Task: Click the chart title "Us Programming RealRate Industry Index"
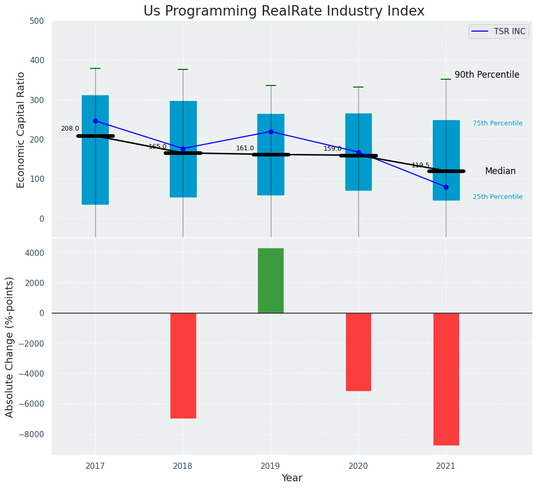point(284,11)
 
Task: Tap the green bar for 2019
point(270,280)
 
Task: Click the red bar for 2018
point(183,365)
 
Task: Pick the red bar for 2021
point(446,379)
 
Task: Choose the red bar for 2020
point(358,352)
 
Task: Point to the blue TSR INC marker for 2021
point(446,187)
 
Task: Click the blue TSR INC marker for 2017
point(95,121)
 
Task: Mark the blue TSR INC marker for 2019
point(271,132)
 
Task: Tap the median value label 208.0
point(70,128)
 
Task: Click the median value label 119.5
point(420,165)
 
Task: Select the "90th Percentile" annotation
point(487,75)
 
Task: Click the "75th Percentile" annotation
point(497,123)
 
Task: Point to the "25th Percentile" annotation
point(497,197)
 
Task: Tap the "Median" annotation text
point(500,171)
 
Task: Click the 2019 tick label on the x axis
point(270,466)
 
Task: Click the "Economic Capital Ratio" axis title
point(21,130)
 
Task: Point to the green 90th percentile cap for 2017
point(95,68)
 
